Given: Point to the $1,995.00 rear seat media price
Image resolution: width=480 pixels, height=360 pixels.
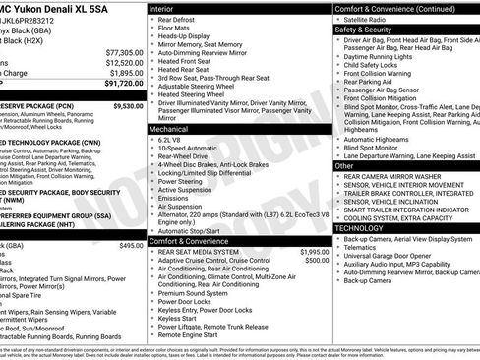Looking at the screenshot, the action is click(309, 252).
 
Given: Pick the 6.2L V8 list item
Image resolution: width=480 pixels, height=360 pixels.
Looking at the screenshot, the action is click(173, 141).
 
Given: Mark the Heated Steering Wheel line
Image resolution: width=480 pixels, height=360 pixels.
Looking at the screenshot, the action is click(194, 93).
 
